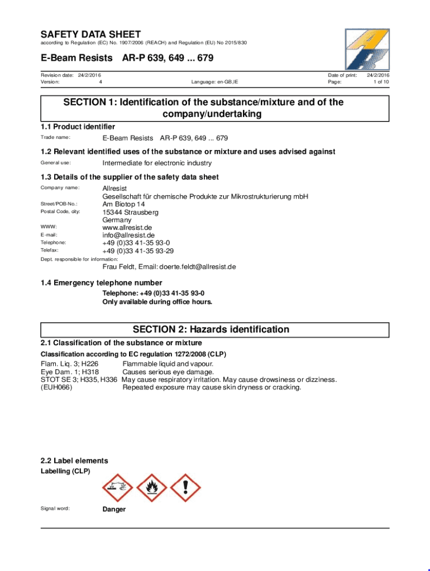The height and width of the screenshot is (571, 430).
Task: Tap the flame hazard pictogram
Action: [151, 488]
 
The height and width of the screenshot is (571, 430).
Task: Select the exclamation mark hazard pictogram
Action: [185, 488]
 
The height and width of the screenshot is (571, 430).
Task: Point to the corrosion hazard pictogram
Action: [118, 488]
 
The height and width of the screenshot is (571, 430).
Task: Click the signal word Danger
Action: [114, 509]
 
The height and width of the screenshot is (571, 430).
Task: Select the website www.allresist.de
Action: [127, 228]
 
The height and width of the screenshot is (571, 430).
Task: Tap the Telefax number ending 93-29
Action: [137, 251]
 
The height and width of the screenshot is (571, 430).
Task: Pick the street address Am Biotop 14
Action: [125, 204]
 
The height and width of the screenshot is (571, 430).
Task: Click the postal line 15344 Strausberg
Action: [130, 212]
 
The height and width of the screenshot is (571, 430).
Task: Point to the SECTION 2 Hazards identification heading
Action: [211, 330]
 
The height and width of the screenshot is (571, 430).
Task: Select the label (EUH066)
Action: [56, 388]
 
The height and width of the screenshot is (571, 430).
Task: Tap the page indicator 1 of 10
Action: [381, 82]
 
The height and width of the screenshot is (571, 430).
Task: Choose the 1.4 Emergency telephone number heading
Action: [102, 283]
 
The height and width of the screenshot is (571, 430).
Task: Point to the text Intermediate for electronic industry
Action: [157, 163]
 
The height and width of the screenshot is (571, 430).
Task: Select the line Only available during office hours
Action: [157, 302]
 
